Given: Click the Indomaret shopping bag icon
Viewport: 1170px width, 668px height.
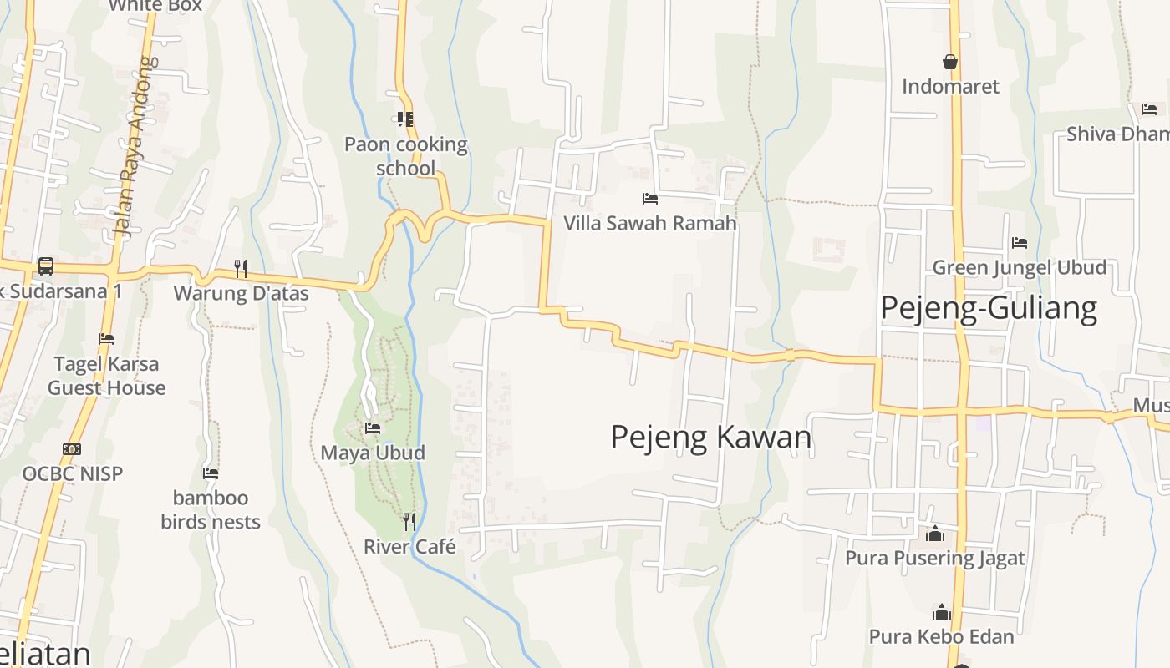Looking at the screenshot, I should click(950, 62).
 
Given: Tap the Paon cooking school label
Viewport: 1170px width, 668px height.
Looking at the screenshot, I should click(406, 156).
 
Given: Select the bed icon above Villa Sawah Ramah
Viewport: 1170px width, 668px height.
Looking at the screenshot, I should click(650, 199).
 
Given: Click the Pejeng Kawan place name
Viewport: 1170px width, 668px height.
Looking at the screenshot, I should click(710, 437).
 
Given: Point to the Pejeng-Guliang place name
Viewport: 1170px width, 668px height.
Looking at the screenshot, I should click(988, 308).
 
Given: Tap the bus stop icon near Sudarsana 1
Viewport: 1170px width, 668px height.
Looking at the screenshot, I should click(46, 266).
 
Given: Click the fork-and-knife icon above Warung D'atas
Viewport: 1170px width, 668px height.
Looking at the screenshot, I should click(241, 268).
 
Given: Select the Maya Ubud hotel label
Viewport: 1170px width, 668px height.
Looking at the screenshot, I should click(373, 453).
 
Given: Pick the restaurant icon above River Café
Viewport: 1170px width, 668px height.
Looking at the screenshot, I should click(409, 522).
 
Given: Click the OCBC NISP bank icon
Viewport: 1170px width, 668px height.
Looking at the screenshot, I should click(72, 449).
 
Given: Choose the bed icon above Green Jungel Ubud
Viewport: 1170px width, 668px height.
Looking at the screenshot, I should click(1020, 243).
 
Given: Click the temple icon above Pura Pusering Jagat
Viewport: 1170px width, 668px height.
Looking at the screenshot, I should click(935, 533).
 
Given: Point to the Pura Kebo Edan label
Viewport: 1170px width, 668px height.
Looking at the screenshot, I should click(941, 636).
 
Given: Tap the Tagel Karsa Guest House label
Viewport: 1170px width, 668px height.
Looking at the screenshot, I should click(106, 376).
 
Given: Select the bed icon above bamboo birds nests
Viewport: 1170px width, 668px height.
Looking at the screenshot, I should click(211, 473).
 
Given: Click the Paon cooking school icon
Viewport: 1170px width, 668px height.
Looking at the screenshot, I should click(405, 119).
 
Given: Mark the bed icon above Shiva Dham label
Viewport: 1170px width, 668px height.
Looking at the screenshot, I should click(1149, 109).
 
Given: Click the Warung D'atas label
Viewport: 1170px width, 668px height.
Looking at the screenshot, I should click(241, 293).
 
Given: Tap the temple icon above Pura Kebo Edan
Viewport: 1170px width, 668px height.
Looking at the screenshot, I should click(942, 612).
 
